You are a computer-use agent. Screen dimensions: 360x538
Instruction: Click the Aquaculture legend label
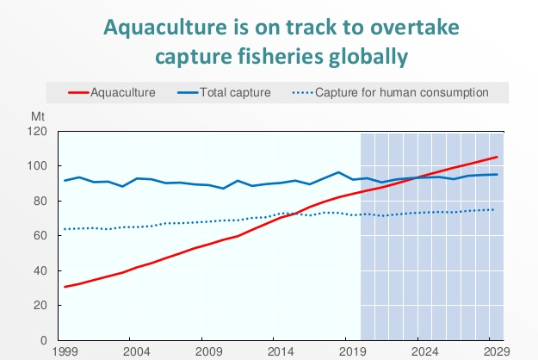point(122,92)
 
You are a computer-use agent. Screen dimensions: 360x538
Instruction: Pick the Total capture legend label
point(235,92)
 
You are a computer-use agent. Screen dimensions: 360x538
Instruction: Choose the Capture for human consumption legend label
point(402,92)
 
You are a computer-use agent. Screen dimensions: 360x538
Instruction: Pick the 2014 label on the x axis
point(279,352)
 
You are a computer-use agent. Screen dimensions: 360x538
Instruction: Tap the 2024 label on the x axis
point(424,352)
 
